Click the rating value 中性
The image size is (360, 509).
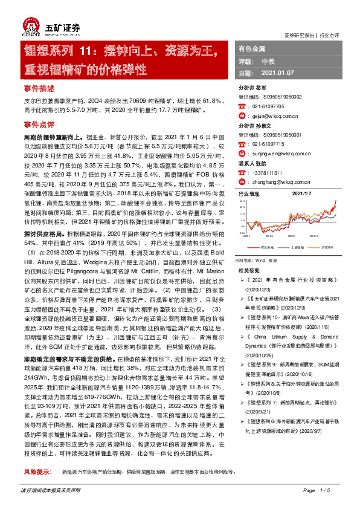[x=268, y=61]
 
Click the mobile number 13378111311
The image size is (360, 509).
[x=268, y=172]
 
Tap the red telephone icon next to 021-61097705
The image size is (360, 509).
[x=242, y=106]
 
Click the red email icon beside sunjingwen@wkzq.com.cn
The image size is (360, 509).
[x=242, y=154]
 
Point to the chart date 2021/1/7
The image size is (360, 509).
[x=301, y=193]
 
